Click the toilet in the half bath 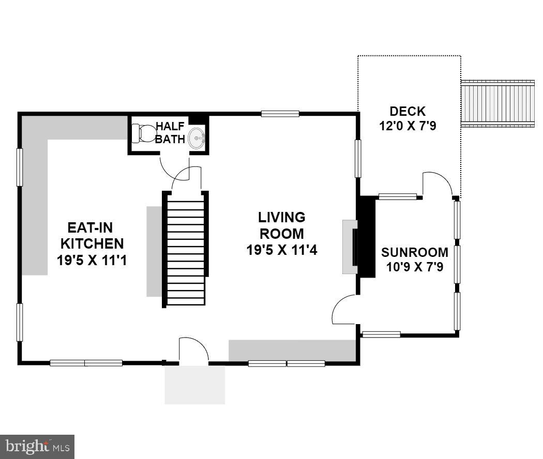143,133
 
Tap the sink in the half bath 197,139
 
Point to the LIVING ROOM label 282,225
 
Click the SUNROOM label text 414,252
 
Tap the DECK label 408,111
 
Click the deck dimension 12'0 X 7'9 408,126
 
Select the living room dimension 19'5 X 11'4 282,250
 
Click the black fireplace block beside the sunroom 367,237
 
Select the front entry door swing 193,350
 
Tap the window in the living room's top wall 280,113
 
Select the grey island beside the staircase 154,251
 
